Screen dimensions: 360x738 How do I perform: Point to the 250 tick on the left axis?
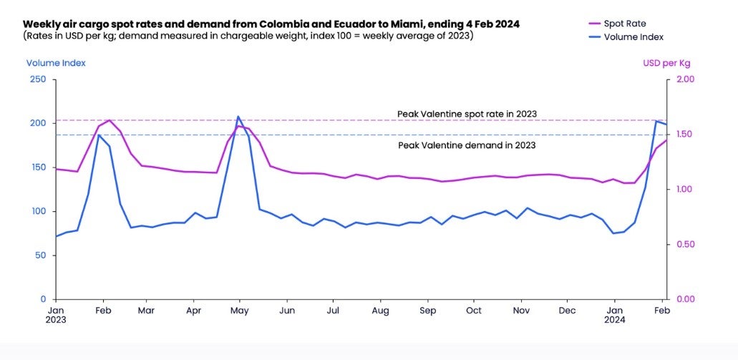click(x=37, y=79)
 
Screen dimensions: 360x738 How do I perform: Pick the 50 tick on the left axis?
click(x=39, y=256)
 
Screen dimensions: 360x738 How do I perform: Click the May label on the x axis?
click(x=241, y=311)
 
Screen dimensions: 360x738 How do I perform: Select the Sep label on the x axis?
click(x=428, y=311)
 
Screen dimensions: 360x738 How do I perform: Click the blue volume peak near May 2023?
click(x=238, y=117)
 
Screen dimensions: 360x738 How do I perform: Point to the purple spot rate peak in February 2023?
click(x=109, y=120)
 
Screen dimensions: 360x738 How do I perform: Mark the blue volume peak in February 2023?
click(x=99, y=135)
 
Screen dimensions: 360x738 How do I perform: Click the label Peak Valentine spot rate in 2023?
click(x=467, y=114)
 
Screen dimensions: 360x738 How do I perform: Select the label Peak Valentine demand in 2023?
click(x=467, y=145)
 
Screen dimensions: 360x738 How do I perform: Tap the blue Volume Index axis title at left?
click(x=56, y=63)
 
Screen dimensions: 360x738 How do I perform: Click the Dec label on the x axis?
click(x=567, y=311)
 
